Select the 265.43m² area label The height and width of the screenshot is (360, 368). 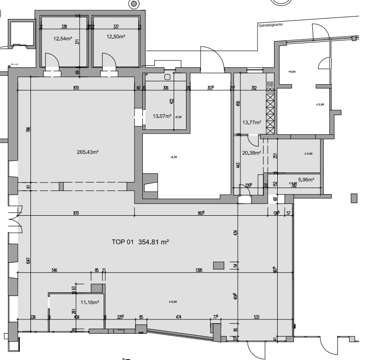[89, 152]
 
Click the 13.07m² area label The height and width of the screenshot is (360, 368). [162, 116]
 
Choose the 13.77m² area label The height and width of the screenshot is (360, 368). [251, 123]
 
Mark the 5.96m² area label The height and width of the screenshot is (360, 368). [306, 180]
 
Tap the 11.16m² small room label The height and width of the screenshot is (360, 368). [90, 302]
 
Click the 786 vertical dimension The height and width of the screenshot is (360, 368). [28, 130]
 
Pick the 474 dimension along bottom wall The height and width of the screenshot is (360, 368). [178, 317]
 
